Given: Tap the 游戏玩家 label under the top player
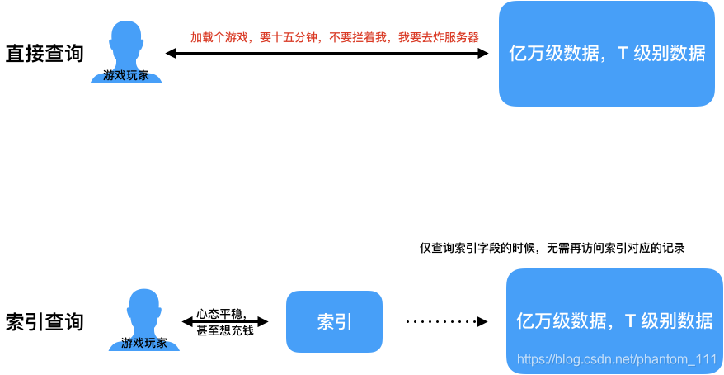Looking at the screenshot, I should click(x=126, y=76).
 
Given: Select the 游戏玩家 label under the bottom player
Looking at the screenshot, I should click(x=144, y=344).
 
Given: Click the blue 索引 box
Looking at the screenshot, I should click(x=334, y=321).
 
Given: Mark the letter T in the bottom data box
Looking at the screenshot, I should click(x=630, y=321).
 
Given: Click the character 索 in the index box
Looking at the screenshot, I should click(x=325, y=321).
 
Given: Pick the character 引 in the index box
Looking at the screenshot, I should click(x=344, y=321).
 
